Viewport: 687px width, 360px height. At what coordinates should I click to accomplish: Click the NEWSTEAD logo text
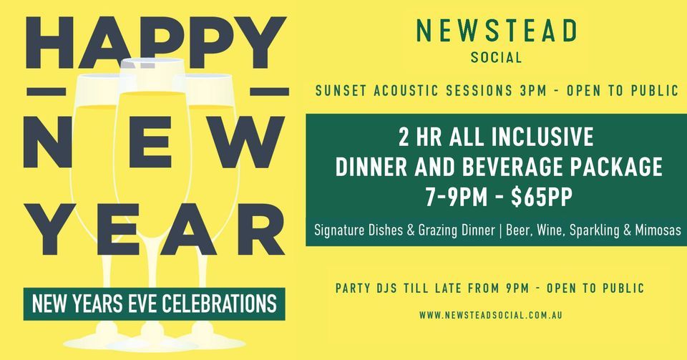(497, 31)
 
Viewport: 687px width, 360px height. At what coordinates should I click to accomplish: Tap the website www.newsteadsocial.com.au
(494, 315)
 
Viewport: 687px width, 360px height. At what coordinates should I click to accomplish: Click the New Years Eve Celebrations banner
(154, 303)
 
